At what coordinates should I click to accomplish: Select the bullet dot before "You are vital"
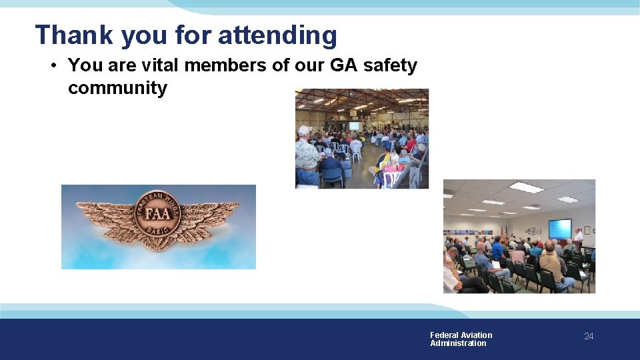pos(53,66)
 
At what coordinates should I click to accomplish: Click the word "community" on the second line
pos(117,88)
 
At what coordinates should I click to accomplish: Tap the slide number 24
pos(589,337)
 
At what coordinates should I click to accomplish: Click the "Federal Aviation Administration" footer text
pos(461,339)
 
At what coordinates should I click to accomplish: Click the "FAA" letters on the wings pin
pos(158,215)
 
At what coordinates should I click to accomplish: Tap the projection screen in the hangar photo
pos(354,125)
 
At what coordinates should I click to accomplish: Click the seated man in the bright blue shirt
pos(497,250)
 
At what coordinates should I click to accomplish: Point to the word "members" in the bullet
pos(221,65)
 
